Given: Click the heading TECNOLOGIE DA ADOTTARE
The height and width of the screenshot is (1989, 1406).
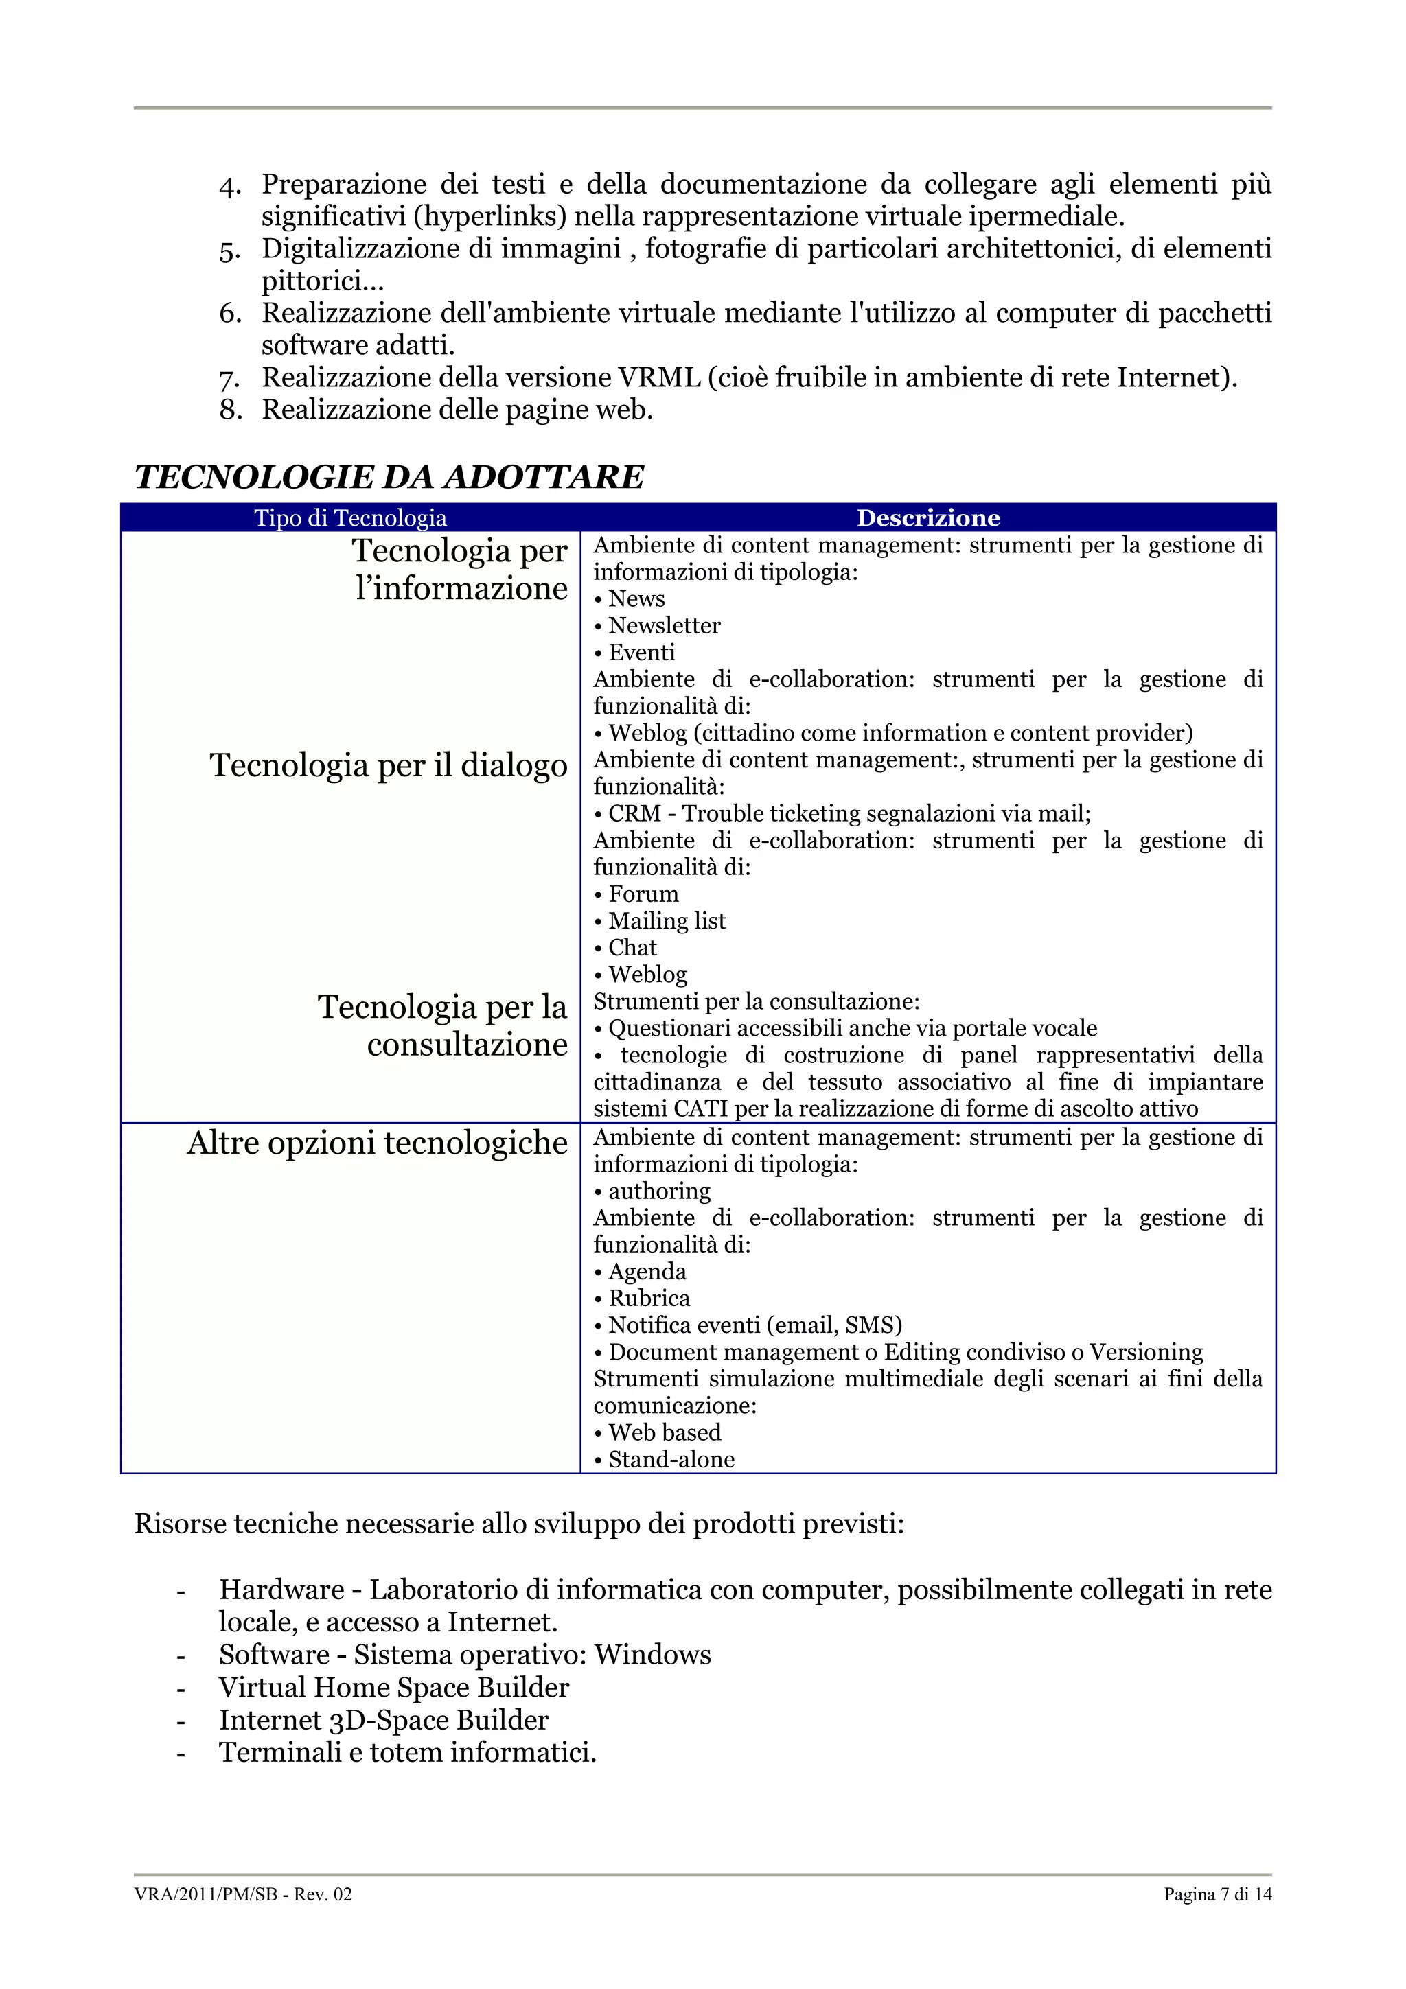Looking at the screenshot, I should [389, 477].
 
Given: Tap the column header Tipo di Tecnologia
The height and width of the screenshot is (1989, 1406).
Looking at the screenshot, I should [350, 518].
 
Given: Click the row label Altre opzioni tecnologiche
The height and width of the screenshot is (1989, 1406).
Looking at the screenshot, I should [377, 1143].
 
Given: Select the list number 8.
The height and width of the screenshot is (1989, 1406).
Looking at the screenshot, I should [231, 410].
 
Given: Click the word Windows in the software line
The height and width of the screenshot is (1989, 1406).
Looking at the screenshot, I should [652, 1655].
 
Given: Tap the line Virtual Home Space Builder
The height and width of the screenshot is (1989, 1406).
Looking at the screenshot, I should [393, 1688].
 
